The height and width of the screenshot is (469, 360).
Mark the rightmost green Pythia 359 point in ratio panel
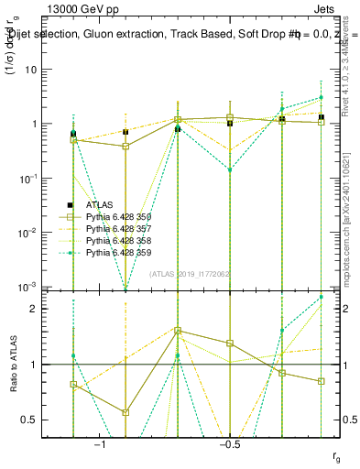321,297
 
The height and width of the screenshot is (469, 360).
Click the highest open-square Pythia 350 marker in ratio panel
178,331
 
